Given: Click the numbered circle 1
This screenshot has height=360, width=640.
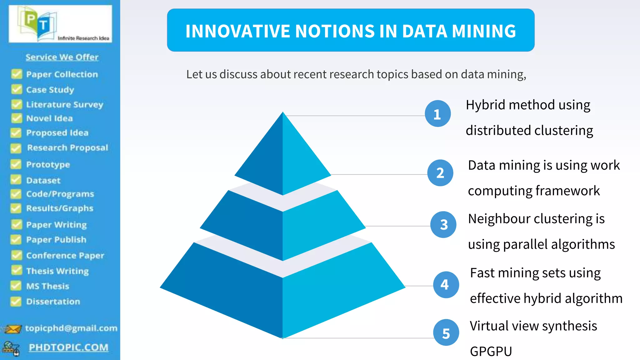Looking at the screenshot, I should point(437,114).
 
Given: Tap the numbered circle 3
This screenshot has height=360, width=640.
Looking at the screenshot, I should point(443,224).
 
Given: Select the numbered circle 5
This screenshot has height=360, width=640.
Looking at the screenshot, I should point(446,332).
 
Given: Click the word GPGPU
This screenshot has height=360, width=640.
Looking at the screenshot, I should point(491,351).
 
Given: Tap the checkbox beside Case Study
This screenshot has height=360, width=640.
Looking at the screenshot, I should point(16,90).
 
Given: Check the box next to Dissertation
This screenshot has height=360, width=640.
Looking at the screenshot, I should point(16,302).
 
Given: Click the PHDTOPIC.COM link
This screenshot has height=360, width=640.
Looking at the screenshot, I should point(68,347).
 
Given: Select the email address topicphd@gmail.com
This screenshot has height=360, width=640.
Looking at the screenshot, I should point(71,328).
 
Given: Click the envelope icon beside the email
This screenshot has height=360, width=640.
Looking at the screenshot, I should point(12,329).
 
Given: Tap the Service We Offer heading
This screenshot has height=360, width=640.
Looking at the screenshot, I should point(62,57).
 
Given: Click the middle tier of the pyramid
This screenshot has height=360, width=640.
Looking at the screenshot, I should point(282,228).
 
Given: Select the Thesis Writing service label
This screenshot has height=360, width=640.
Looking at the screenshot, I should point(57,271).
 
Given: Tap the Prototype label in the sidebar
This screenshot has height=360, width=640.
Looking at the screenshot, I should point(48,165).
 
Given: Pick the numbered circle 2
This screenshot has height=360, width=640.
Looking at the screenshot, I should point(440,173).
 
